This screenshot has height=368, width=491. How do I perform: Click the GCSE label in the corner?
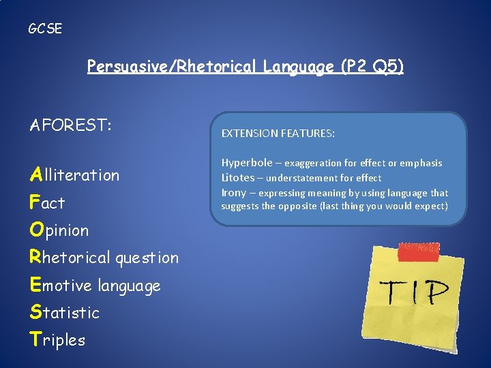[45, 29]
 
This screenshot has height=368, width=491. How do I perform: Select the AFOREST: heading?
[71, 126]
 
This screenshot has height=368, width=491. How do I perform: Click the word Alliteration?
[74, 175]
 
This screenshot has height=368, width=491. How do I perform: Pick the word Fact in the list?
[47, 202]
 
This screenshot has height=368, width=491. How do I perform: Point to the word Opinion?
[59, 230]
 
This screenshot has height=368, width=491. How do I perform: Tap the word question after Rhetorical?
[147, 258]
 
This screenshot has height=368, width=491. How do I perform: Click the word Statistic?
[64, 313]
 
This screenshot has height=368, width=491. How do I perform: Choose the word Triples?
[57, 340]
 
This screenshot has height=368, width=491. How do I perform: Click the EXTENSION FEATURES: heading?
[278, 134]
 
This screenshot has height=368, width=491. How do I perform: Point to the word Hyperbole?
[246, 163]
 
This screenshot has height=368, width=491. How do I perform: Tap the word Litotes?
[238, 177]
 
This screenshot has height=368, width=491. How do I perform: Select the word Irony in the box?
[233, 192]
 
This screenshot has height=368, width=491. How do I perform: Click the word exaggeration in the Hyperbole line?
[314, 164]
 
